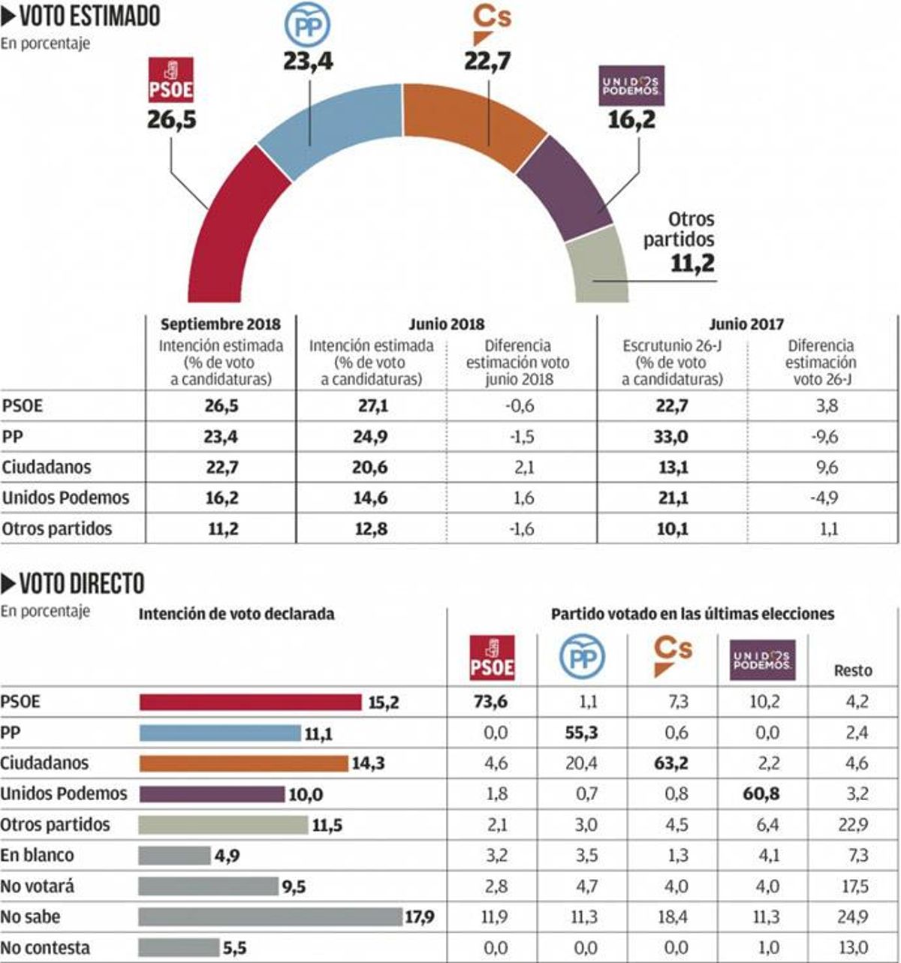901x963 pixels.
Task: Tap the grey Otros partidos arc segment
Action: point(597,266)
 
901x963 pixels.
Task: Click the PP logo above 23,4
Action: point(307,26)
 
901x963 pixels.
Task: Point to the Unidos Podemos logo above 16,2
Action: point(631,86)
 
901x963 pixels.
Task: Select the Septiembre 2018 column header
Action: point(221,324)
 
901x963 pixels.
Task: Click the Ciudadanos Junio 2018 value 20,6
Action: point(370,468)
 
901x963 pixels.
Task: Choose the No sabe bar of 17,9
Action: point(270,916)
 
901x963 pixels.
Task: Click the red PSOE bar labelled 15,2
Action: point(250,702)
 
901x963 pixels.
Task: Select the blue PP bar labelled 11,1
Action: point(219,733)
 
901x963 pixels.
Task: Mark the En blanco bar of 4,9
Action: point(174,855)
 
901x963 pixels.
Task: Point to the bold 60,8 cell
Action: point(761,793)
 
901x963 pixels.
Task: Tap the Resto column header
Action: point(853,670)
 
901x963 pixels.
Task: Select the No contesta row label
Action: point(45,947)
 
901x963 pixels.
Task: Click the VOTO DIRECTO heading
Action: point(73,583)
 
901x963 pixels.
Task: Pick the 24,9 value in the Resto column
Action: point(853,916)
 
